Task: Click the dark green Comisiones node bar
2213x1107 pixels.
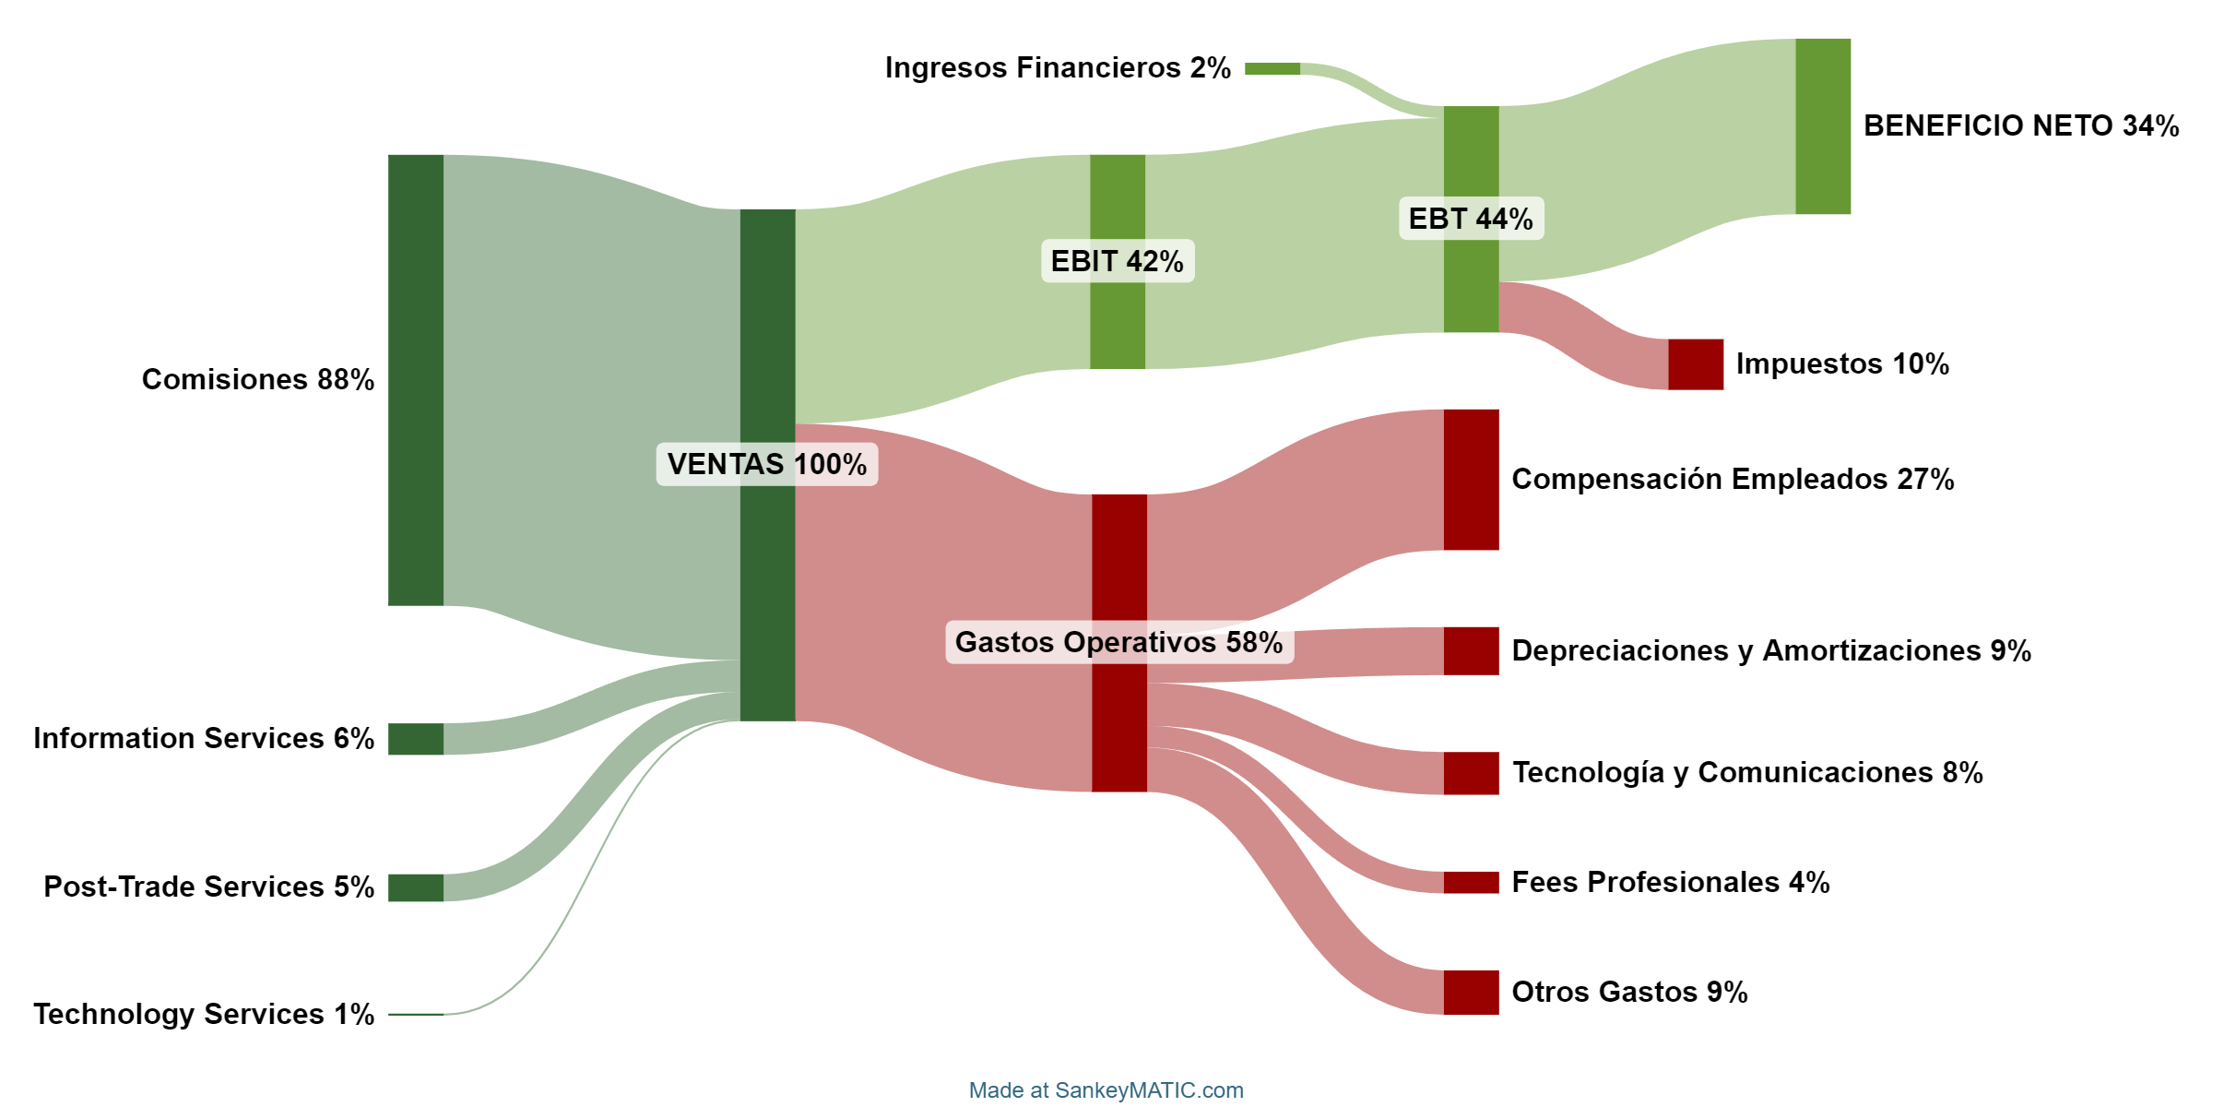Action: coord(415,380)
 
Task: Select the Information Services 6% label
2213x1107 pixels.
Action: coord(204,738)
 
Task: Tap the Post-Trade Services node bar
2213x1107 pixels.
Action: coord(415,887)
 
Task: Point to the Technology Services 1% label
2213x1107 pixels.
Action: coord(204,1014)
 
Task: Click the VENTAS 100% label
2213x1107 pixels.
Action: coord(766,464)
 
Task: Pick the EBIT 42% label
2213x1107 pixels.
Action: coord(1117,261)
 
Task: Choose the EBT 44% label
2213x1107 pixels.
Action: coord(1471,219)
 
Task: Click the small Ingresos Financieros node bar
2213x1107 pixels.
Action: coord(1272,68)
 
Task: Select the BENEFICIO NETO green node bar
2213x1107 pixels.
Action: coord(1822,126)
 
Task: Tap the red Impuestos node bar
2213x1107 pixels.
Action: coord(1695,364)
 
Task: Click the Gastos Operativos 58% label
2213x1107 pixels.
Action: coord(1118,642)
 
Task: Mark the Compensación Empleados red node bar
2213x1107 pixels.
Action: coord(1471,480)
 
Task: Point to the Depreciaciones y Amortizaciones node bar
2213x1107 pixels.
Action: coord(1471,651)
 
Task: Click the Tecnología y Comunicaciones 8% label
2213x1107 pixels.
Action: coord(1747,772)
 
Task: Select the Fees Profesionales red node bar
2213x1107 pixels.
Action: coord(1471,883)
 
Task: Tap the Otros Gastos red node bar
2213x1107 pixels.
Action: coord(1471,993)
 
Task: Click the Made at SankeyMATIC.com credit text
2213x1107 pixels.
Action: coord(1106,1090)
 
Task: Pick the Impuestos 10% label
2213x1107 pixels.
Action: coord(1842,363)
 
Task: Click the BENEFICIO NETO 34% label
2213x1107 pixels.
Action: coord(2021,125)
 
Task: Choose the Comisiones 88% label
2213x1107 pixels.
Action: coord(257,379)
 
